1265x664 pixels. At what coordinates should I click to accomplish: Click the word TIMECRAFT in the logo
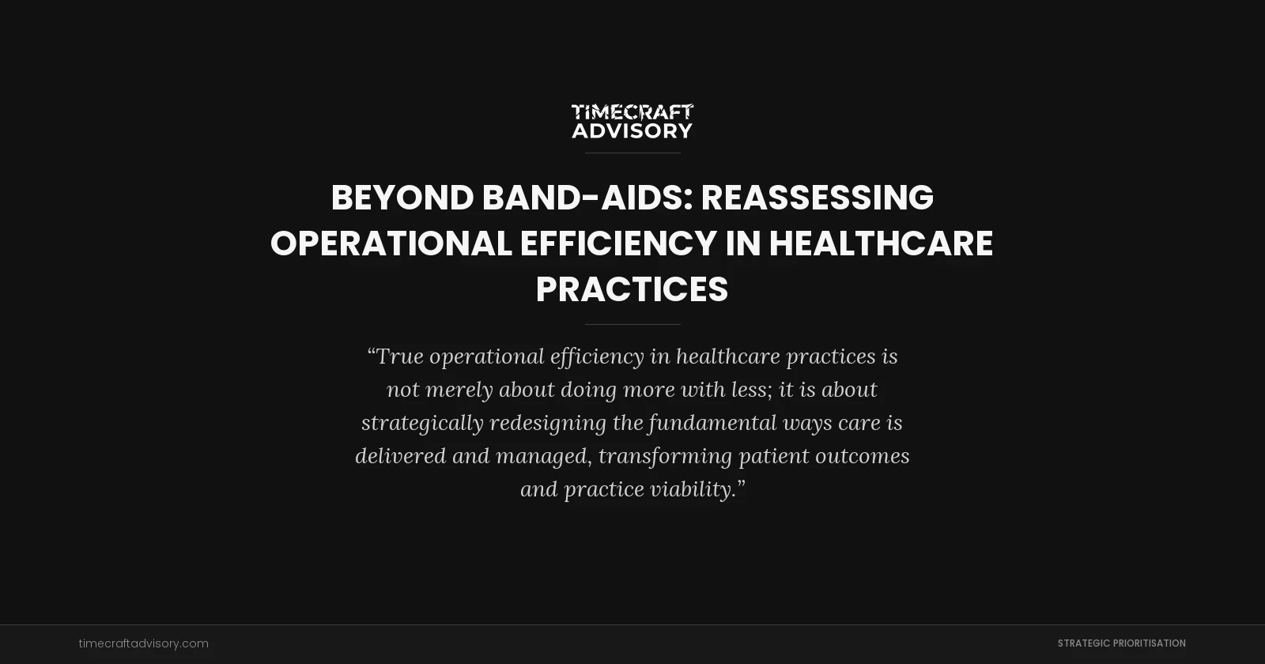pyautogui.click(x=632, y=112)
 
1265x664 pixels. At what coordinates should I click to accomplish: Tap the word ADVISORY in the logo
pyautogui.click(x=632, y=130)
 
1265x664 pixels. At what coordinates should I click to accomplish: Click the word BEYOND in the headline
pyautogui.click(x=402, y=198)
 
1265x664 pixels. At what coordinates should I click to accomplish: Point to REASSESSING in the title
pyautogui.click(x=817, y=198)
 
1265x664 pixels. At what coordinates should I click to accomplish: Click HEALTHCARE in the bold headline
pyautogui.click(x=881, y=243)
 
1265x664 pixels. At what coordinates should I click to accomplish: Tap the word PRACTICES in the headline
pyautogui.click(x=632, y=289)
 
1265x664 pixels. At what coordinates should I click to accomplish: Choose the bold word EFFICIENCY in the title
pyautogui.click(x=618, y=243)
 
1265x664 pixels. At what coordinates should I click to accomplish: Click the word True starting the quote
pyautogui.click(x=399, y=357)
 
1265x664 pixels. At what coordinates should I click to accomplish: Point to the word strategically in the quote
pyautogui.click(x=422, y=423)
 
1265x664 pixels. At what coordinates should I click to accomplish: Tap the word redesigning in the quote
pyautogui.click(x=548, y=423)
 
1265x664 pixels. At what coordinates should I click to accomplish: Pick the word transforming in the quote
pyautogui.click(x=664, y=456)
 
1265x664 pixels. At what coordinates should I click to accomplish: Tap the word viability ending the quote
pyautogui.click(x=693, y=489)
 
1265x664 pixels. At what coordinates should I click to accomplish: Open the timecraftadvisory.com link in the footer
pyautogui.click(x=144, y=643)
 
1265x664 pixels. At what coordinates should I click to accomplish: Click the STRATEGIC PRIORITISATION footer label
pyautogui.click(x=1121, y=643)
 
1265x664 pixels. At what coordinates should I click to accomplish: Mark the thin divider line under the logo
pyautogui.click(x=632, y=153)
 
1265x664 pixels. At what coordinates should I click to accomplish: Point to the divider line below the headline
pyautogui.click(x=632, y=324)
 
